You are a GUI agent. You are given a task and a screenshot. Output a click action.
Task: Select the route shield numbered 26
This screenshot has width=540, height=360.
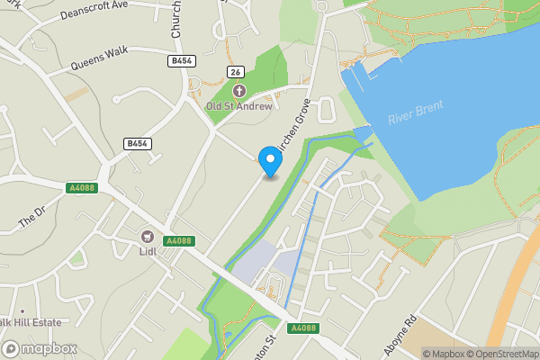click(237, 72)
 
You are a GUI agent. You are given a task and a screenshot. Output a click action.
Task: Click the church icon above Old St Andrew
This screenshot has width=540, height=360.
click(238, 91)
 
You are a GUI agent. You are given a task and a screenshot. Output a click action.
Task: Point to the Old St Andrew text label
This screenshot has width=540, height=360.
click(238, 106)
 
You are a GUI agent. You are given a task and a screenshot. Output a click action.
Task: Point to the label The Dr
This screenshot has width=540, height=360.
click(31, 216)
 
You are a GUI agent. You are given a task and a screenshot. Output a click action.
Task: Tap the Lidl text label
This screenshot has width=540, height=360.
click(148, 251)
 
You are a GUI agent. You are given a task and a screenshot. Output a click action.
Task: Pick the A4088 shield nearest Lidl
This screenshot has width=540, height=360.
click(181, 240)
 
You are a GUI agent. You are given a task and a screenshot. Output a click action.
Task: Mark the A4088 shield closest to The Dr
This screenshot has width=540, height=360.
click(81, 187)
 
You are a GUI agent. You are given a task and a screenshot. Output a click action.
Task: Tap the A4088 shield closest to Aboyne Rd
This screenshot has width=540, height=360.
click(304, 328)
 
